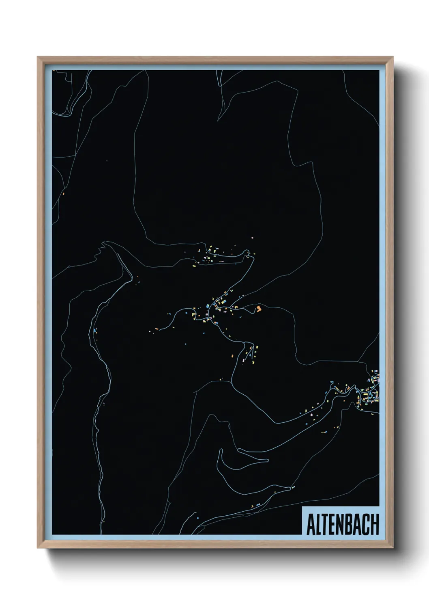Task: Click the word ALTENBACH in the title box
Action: coord(343,524)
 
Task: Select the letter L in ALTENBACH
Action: coord(318,524)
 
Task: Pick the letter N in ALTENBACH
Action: coord(340,524)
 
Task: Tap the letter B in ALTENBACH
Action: coord(349,524)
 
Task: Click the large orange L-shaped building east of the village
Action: coord(258,309)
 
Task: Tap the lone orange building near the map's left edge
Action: coord(64,194)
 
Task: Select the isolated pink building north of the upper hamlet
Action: coord(252,237)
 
